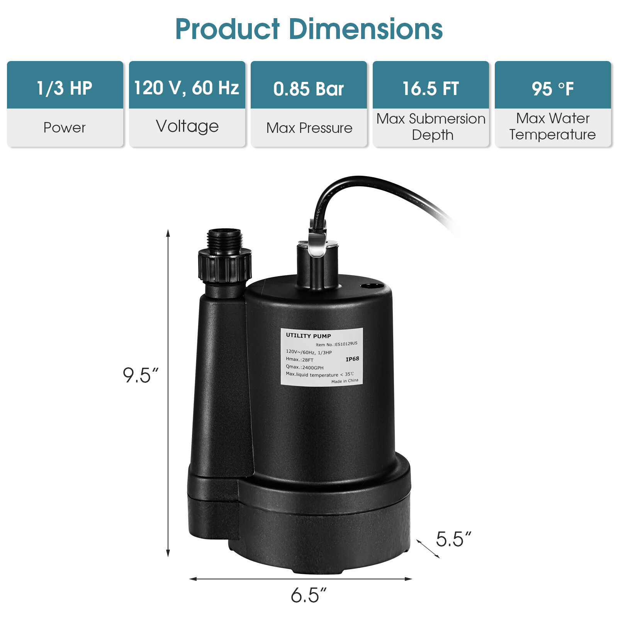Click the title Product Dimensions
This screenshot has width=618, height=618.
[x=309, y=29]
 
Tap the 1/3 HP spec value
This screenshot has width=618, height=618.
[x=65, y=88]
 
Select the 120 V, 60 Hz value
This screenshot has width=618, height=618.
[x=187, y=88]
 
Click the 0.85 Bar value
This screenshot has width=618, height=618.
[x=309, y=89]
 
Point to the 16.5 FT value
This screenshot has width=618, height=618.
[x=431, y=88]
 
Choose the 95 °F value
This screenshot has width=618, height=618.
[x=553, y=89]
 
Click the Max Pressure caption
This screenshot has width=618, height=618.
[x=309, y=128]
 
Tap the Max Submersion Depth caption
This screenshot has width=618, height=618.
[x=431, y=127]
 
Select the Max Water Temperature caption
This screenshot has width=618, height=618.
[x=553, y=126]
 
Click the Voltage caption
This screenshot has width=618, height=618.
[x=187, y=126]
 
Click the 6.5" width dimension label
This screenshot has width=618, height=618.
[x=309, y=595]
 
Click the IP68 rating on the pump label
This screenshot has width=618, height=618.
[x=352, y=359]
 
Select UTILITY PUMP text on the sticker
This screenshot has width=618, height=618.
[x=308, y=336]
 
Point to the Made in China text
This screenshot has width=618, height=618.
[x=345, y=381]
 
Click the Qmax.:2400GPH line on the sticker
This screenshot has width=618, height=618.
[x=304, y=367]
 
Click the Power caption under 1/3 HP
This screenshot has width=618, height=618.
[x=65, y=127]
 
